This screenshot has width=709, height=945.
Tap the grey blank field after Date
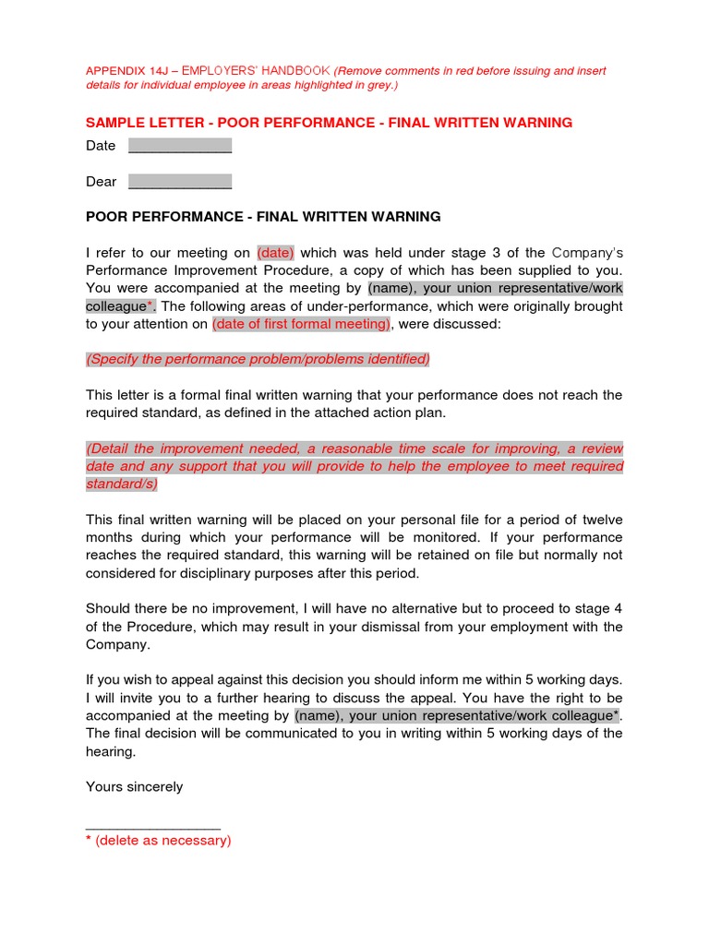coord(179,146)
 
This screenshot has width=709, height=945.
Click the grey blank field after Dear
coord(179,182)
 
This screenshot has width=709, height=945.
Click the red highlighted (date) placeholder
coord(274,253)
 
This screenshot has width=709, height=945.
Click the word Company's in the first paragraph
coord(587,253)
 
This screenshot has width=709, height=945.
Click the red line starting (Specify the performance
coord(258,359)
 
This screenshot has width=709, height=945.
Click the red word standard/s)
coord(122,484)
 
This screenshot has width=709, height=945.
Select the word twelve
coord(600,520)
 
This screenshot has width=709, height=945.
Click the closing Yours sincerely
coord(134,787)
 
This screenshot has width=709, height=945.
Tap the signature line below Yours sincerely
coord(152,827)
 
